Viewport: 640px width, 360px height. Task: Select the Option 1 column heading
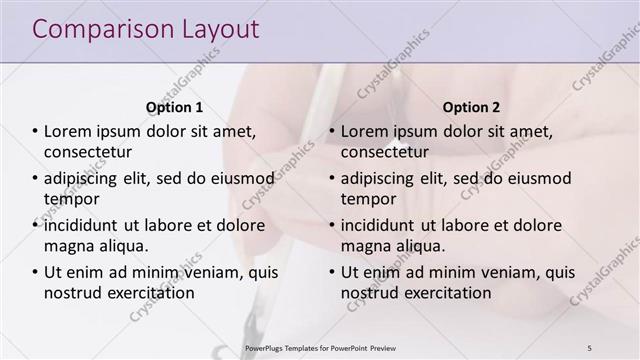[x=174, y=107]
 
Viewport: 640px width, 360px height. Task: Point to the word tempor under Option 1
[x=67, y=199]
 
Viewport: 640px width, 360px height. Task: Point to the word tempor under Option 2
[x=363, y=199]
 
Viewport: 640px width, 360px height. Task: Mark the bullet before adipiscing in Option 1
[x=34, y=178]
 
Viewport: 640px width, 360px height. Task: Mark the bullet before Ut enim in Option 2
[x=330, y=272]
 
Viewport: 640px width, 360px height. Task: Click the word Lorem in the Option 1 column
[x=68, y=131]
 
